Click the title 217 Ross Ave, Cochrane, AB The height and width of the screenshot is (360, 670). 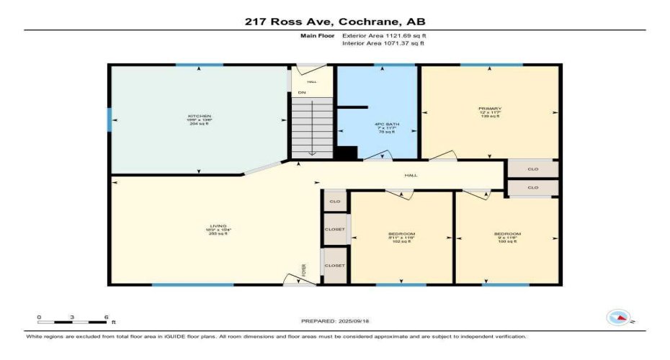click(x=335, y=22)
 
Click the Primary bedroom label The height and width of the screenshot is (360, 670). click(x=490, y=112)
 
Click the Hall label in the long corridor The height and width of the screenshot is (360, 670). click(x=411, y=175)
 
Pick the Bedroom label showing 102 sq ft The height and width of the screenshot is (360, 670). click(x=401, y=238)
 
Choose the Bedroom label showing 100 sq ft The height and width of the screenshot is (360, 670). click(x=507, y=238)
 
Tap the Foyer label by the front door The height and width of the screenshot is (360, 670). click(x=304, y=270)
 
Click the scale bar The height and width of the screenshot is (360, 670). click(x=73, y=321)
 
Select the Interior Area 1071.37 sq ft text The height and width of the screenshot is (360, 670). click(x=383, y=44)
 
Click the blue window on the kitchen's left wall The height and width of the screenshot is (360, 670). click(x=110, y=120)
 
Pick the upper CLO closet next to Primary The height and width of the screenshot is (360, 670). click(x=533, y=169)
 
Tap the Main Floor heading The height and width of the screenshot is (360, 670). click(x=315, y=35)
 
